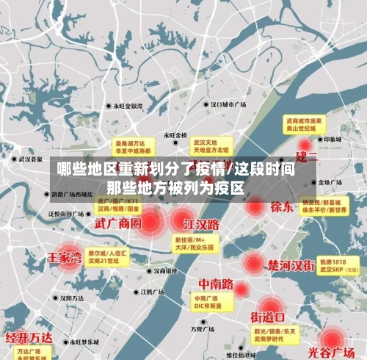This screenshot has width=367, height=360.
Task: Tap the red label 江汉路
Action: (201, 223)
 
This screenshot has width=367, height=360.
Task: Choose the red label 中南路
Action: (216, 284)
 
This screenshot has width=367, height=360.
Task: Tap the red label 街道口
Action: (267, 317)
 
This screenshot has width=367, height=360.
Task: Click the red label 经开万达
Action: (29, 338)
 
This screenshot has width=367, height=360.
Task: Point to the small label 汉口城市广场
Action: (228, 105)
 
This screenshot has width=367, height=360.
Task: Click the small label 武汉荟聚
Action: (31, 158)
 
